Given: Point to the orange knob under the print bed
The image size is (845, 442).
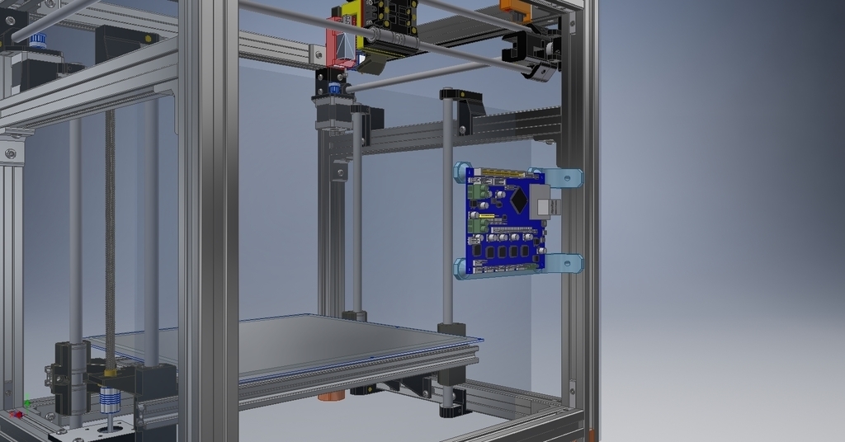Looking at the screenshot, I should pyautogui.click(x=330, y=396).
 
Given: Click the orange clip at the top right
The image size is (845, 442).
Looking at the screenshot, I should pyautogui.click(x=514, y=12).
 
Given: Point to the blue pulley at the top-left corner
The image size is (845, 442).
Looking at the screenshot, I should pyautogui.click(x=37, y=39).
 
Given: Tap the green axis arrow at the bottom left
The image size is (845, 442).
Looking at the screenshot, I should pyautogui.click(x=27, y=402).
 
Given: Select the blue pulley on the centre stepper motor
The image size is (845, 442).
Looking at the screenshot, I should pyautogui.click(x=334, y=87).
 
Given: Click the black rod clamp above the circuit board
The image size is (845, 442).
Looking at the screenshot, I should pyautogui.click(x=464, y=107).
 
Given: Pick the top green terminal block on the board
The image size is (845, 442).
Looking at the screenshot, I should pyautogui.click(x=478, y=190).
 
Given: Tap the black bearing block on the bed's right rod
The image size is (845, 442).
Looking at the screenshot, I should pyautogui.click(x=451, y=330).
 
